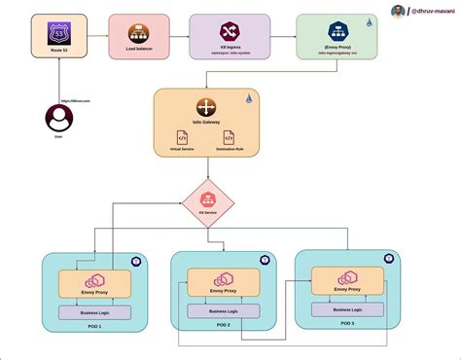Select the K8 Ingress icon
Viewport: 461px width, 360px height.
[229, 32]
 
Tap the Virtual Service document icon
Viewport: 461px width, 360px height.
[182, 138]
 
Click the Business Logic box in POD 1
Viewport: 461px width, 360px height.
[94, 311]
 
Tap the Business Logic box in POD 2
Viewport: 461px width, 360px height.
[223, 311]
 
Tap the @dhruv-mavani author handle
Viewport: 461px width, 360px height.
[431, 11]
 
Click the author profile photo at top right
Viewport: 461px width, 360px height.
[398, 11]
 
